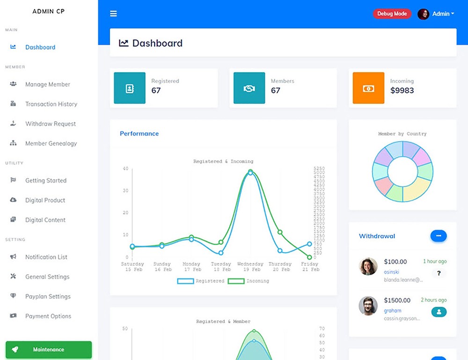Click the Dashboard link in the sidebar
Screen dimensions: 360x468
tap(40, 47)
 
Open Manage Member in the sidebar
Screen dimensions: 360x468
tap(47, 85)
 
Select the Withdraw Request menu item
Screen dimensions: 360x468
tap(50, 124)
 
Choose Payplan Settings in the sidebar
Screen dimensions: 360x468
tap(48, 296)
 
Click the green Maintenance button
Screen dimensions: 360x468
tap(49, 350)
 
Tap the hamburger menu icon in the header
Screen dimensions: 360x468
tap(113, 14)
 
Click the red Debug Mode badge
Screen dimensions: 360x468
tap(392, 14)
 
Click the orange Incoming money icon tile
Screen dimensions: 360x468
tap(368, 88)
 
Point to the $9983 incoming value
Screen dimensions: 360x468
tap(402, 90)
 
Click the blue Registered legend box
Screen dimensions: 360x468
tap(185, 281)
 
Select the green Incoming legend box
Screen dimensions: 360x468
tap(236, 281)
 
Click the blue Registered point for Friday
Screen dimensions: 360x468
tap(309, 244)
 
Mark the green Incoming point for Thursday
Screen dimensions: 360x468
tap(280, 232)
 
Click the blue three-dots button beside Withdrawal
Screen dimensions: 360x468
tap(439, 236)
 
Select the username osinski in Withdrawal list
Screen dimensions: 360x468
tap(392, 272)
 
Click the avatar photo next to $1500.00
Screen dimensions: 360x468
tap(368, 306)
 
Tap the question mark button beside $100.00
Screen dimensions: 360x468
tap(439, 273)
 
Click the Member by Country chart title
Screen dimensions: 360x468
tap(402, 134)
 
